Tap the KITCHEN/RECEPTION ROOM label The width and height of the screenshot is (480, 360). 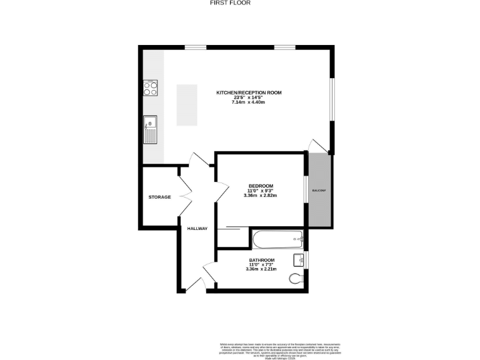tap(249, 92)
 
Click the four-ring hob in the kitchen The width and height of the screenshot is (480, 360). tap(150, 88)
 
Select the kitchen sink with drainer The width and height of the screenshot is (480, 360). tap(150, 129)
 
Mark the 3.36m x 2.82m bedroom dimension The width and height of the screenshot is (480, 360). tap(260, 196)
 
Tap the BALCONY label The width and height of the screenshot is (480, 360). tap(319, 190)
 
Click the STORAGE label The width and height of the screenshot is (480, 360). tap(159, 197)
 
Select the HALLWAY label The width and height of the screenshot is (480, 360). tap(197, 228)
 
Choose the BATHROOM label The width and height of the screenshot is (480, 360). tap(261, 260)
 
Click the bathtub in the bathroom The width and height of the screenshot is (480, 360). tap(277, 238)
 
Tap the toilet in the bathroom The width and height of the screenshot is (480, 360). tap(296, 278)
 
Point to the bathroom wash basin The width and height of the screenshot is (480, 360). tap(298, 260)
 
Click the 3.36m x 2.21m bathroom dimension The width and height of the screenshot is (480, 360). tap(261, 269)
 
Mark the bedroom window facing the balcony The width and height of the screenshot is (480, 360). tap(305, 190)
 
